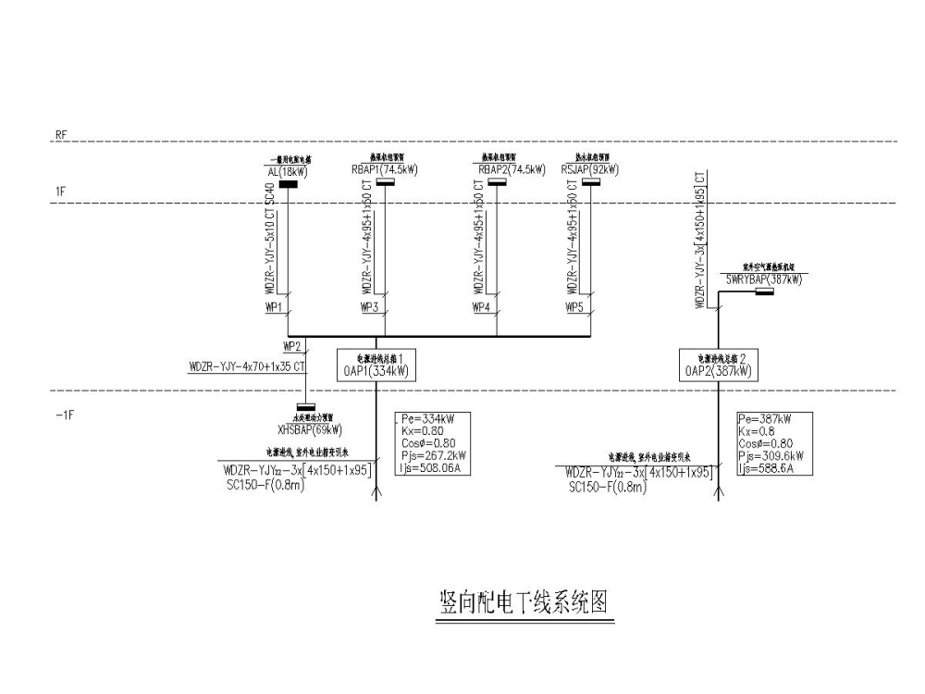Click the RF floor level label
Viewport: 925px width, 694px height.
61,135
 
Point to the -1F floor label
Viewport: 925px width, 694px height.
64,415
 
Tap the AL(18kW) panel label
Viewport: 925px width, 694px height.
288,171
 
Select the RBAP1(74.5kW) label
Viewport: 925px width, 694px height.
385,170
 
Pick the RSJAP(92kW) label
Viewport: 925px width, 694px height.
590,170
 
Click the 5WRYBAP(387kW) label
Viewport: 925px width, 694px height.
763,279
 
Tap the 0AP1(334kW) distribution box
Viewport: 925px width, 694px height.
376,366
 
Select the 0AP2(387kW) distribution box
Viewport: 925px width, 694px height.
718,366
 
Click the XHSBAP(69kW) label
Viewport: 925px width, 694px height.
309,429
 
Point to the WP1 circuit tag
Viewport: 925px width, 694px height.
274,307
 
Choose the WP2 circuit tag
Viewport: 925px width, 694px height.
292,347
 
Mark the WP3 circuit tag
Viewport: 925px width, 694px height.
369,307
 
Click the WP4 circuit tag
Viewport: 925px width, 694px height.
482,307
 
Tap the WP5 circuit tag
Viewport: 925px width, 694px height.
575,307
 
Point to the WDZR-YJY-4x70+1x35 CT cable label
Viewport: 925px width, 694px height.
247,367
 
